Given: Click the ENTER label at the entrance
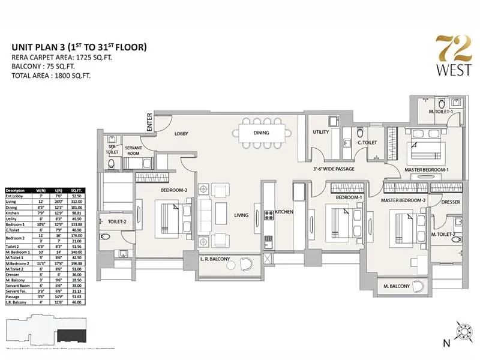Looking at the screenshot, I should point(149,122).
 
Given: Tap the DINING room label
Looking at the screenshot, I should point(261,133).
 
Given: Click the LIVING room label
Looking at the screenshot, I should point(242,214).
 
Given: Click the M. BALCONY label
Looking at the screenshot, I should point(396,287).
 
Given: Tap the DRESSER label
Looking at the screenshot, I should point(450,202).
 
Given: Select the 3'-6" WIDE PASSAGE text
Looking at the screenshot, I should point(335,169).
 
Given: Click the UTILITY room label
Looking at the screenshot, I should point(321,133).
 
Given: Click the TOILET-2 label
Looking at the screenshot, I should point(117,221).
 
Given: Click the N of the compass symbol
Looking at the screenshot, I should point(446,343).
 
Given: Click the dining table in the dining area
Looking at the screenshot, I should point(261,133).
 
